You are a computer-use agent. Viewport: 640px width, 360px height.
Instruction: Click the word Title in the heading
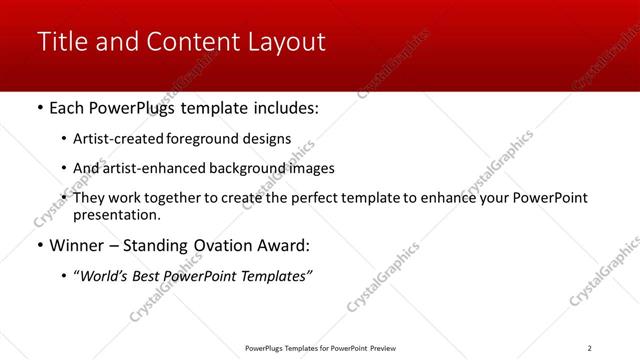coord(59,42)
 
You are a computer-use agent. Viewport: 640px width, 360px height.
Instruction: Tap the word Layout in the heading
coord(289,42)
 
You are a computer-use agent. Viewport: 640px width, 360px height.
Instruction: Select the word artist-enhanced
coord(155,168)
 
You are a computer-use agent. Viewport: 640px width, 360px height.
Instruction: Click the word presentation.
coord(116,214)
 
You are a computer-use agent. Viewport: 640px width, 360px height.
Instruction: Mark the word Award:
coord(285,245)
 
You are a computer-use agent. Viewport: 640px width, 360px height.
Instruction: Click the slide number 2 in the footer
coord(589,347)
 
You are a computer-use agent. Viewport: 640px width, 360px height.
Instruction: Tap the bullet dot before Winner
coord(39,246)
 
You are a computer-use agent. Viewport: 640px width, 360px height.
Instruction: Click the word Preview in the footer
coord(382,347)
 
